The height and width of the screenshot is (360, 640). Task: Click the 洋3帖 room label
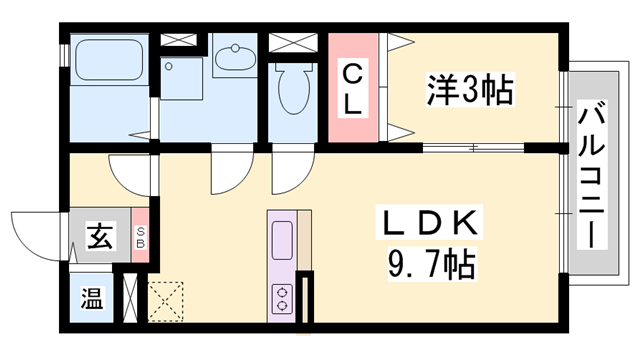470,92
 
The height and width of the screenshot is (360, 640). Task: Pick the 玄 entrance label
99,238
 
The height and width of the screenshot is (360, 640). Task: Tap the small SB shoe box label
141,238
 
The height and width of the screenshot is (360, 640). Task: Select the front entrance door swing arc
40,232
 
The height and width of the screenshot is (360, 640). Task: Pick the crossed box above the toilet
291,42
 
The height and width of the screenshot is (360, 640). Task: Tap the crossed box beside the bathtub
181,41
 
